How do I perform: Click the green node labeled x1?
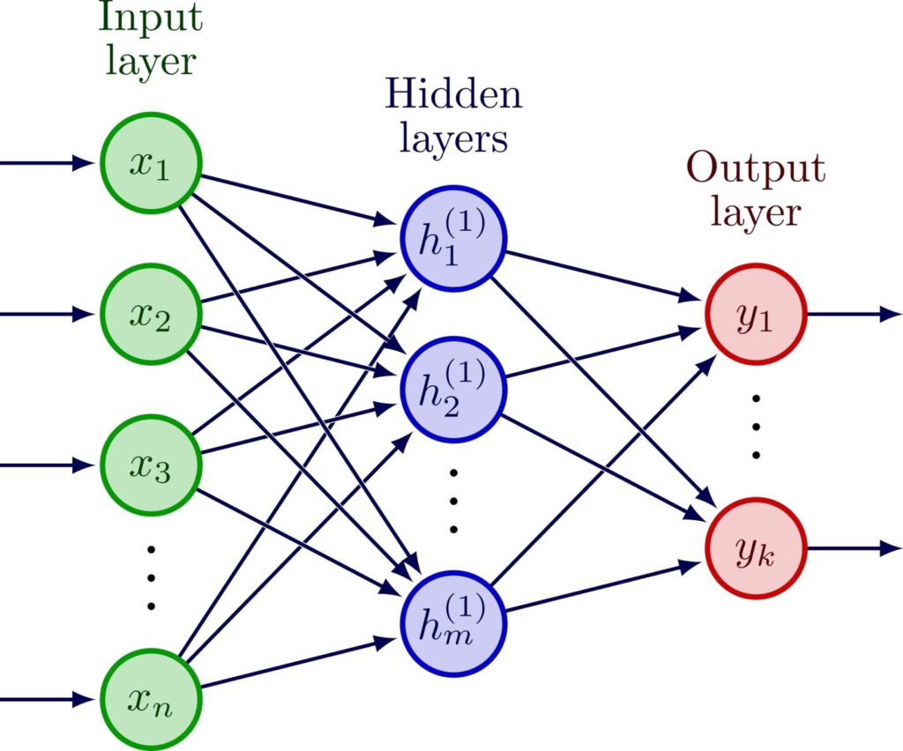coord(152,164)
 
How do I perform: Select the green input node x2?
coord(152,314)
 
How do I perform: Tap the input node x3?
coord(152,464)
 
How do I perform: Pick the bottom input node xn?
coord(152,701)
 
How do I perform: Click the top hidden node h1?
coord(452,239)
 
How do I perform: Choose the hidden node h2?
coord(452,389)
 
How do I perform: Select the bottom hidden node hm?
coord(452,625)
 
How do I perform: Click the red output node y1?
coord(755,314)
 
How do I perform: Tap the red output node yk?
coord(755,549)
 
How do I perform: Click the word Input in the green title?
coord(151,17)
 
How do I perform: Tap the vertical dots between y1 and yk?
coord(756,428)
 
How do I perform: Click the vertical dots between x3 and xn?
coord(151,578)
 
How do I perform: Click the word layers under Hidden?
coord(453,139)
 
